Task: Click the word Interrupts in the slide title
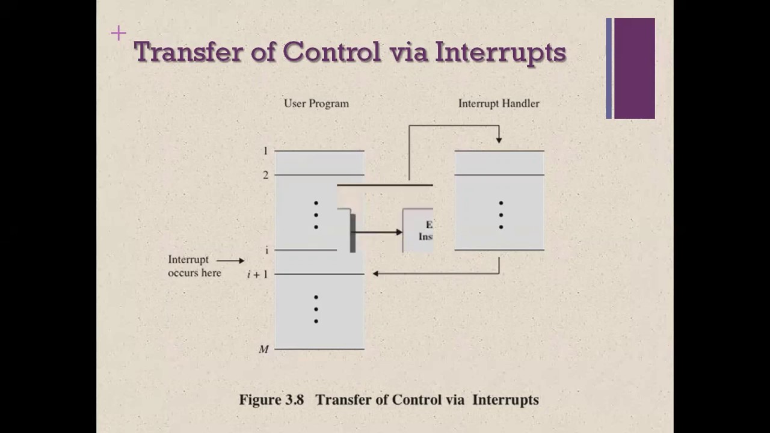(500, 52)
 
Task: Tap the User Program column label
(316, 103)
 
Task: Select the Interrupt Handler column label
(499, 103)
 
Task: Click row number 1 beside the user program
(265, 151)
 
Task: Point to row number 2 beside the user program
(265, 175)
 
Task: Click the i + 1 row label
(257, 274)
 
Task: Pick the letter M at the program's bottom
(263, 349)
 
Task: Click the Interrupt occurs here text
(194, 266)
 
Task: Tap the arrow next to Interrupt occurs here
(230, 260)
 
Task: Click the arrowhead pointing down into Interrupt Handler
(499, 140)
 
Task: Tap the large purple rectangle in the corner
(634, 68)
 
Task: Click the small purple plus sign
(119, 33)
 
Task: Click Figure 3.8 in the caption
(271, 400)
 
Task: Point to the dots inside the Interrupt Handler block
(500, 215)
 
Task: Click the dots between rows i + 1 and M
(316, 309)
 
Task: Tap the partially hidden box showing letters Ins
(418, 230)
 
